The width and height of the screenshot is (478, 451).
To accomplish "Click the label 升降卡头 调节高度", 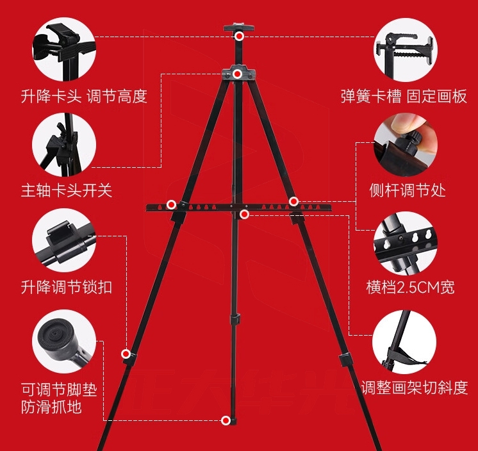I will [84, 97].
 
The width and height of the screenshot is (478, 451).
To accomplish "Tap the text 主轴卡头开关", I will [66, 190].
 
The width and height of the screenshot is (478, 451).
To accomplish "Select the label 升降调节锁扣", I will [66, 286].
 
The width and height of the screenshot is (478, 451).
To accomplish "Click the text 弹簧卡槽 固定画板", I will [404, 97].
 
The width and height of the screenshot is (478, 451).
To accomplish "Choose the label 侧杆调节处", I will [408, 190].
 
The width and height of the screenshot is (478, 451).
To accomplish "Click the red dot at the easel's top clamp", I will [239, 37].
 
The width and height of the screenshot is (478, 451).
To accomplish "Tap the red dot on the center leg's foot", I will [226, 420].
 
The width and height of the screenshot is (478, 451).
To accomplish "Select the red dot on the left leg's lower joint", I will [126, 353].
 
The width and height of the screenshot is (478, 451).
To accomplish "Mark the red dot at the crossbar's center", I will [245, 214].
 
